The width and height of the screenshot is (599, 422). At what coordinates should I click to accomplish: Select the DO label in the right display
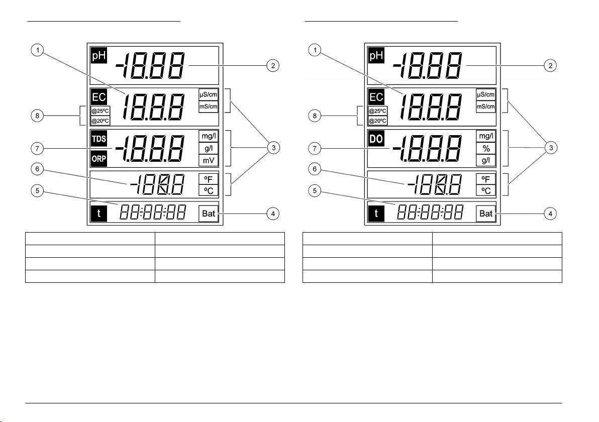tap(376, 140)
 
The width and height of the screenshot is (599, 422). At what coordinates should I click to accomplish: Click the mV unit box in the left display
tap(209, 160)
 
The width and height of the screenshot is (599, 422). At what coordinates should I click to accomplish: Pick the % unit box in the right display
tap(486, 149)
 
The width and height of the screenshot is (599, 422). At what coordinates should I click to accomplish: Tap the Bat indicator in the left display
tap(209, 214)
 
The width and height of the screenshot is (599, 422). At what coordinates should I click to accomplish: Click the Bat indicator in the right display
tap(486, 214)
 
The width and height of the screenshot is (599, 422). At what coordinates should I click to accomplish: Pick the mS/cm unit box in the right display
tap(486, 106)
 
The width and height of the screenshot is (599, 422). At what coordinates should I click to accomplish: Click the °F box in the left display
tap(209, 178)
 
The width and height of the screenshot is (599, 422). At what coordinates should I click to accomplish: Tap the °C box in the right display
tap(486, 190)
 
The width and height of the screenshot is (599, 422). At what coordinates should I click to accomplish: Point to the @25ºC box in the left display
tap(99, 111)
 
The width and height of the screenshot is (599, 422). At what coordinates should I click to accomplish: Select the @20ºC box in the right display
tap(377, 121)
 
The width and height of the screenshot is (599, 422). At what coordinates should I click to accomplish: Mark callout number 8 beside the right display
tap(314, 116)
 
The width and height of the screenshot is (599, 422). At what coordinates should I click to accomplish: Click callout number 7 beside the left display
tap(37, 148)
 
